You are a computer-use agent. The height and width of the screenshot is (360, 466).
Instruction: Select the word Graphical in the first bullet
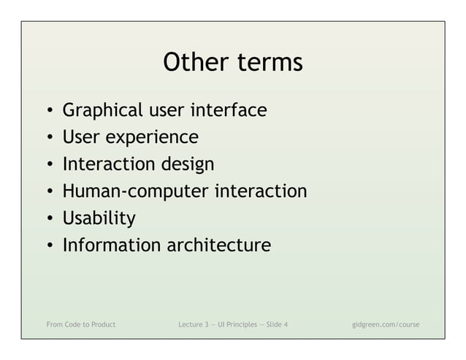click(x=103, y=111)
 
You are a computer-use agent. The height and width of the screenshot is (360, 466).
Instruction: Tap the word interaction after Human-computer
click(x=261, y=191)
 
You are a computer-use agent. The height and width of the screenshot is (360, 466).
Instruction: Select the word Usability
click(x=99, y=218)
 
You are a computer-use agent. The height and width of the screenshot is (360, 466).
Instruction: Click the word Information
click(x=111, y=245)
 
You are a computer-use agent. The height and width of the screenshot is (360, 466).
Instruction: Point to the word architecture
click(x=218, y=245)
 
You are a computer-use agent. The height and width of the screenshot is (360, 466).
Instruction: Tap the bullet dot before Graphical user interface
click(x=48, y=112)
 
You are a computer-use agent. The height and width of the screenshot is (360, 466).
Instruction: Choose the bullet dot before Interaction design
click(x=48, y=165)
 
